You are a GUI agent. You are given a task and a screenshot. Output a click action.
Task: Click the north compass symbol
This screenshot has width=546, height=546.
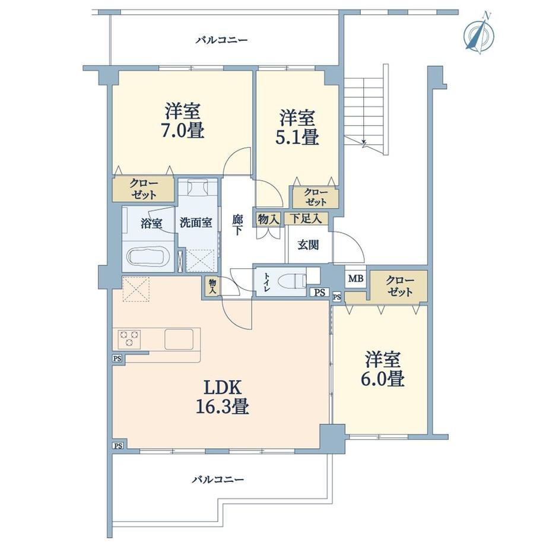click(480, 34)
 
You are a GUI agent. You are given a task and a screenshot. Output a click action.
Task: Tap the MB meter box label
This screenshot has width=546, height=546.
click(355, 278)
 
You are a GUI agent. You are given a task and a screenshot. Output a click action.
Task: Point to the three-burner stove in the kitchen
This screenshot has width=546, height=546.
click(129, 339)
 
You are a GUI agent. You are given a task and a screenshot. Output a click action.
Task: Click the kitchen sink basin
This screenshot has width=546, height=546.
click(179, 339)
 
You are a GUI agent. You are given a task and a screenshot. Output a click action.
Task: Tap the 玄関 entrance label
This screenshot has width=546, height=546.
click(308, 245)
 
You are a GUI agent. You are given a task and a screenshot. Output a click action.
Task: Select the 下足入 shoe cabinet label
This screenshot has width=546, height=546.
click(306, 218)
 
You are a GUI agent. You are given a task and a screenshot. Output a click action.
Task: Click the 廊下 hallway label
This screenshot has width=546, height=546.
click(238, 225)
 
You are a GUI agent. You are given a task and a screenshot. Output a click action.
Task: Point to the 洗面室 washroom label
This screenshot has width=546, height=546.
click(196, 223)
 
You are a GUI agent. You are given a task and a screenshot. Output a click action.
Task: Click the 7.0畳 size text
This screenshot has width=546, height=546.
click(183, 131)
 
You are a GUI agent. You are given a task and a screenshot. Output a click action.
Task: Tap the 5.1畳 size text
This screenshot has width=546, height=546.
click(297, 137)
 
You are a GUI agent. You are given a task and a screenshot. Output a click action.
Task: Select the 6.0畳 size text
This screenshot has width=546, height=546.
click(382, 379)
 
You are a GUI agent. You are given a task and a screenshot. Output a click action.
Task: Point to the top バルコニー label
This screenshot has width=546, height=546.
click(221, 40)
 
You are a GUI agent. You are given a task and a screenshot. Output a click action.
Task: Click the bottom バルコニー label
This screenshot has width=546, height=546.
click(218, 480)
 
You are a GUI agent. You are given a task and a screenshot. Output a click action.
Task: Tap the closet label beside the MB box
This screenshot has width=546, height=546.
click(400, 286)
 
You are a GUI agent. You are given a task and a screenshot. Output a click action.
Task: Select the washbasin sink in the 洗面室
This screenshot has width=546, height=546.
click(198, 188)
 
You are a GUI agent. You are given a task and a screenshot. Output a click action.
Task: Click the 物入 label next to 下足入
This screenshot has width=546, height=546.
click(268, 220)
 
